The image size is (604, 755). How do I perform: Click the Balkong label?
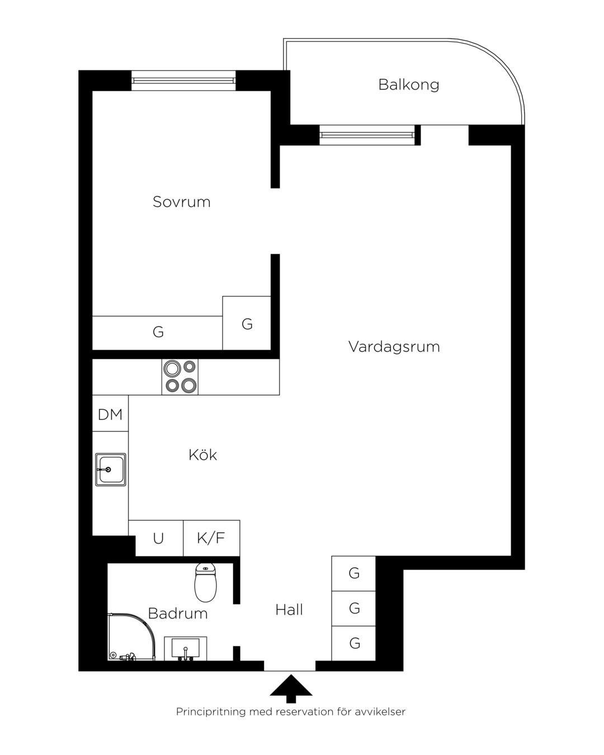(x=408, y=85)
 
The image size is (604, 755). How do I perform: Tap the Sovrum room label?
(x=181, y=202)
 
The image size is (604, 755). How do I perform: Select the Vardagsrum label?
(x=394, y=347)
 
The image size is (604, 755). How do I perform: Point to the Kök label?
(x=202, y=455)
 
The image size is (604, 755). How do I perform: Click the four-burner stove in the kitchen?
(x=180, y=377)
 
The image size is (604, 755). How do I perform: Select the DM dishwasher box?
(x=110, y=413)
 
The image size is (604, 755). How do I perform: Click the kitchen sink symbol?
(x=111, y=469)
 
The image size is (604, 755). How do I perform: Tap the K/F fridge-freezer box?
(x=211, y=538)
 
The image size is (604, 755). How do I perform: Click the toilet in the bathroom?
(x=205, y=583)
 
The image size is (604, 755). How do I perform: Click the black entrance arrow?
(x=291, y=689)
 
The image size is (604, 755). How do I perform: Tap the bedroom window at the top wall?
(x=183, y=81)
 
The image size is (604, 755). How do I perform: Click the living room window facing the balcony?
(x=367, y=135)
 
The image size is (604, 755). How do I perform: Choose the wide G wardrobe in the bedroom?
(x=157, y=333)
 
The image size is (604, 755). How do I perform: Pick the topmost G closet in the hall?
(x=353, y=573)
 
